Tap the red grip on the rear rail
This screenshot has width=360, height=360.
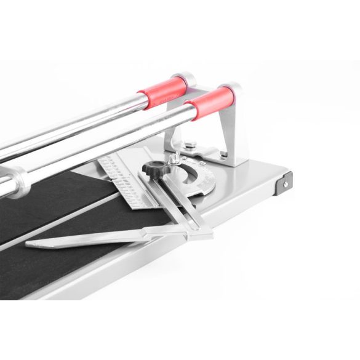coord(161,92)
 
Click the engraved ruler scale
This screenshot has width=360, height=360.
coord(123,179)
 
